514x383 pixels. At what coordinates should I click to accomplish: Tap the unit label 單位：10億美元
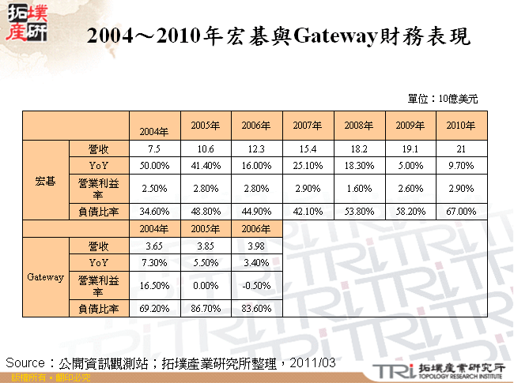(442, 99)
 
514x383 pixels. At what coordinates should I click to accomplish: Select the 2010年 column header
(461, 126)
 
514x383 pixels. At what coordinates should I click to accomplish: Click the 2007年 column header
(308, 126)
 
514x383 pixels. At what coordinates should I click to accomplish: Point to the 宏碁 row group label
(46, 181)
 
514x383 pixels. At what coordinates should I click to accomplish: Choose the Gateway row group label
(46, 277)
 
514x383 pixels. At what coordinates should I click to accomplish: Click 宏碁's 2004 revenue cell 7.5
(155, 149)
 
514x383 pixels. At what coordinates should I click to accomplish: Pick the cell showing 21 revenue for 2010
(461, 149)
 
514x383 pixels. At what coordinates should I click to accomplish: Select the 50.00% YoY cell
(155, 165)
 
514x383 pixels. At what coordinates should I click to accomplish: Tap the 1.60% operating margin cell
(359, 188)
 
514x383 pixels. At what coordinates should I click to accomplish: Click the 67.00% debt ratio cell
(461, 212)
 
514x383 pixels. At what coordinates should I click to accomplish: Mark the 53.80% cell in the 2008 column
(359, 212)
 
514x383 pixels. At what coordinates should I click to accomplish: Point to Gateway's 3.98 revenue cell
(256, 245)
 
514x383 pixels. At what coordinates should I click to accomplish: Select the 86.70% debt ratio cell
(206, 308)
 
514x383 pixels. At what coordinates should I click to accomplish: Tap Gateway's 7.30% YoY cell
(155, 261)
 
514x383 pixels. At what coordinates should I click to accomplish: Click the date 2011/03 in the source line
(314, 362)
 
